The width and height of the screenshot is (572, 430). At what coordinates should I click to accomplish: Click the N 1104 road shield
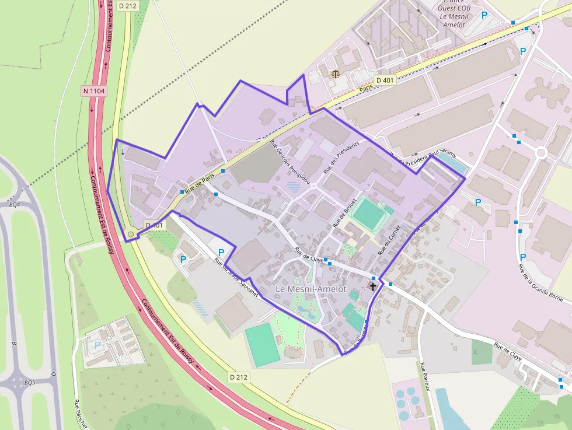coord(94,91)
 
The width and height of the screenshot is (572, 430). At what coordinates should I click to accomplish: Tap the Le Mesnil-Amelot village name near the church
coord(311,289)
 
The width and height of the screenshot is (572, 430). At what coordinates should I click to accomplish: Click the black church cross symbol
coord(373,286)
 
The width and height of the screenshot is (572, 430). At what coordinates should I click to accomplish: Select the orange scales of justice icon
coord(335,74)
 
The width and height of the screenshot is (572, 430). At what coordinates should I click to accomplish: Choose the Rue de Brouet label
coord(344,214)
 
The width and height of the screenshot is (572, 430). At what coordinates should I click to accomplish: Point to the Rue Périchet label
coord(80,414)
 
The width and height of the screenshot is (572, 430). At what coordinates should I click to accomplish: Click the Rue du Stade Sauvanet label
coord(236,278)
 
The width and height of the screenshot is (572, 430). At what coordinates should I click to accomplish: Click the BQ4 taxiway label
coord(15,205)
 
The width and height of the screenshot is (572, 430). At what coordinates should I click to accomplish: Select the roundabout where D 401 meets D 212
coord(131,235)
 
